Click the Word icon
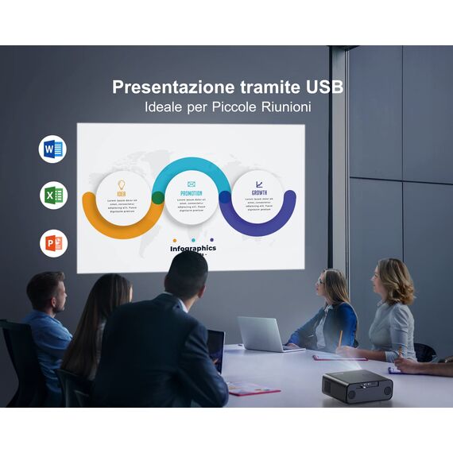[x=53, y=149]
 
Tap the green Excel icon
[x=53, y=196]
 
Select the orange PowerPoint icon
[x=53, y=242]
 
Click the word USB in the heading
[x=324, y=87]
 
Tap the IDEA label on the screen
[x=121, y=193]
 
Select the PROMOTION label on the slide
[x=191, y=193]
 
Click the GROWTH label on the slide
[x=259, y=192]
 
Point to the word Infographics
[x=192, y=248]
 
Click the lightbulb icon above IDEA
[x=122, y=184]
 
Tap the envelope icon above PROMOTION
[x=191, y=184]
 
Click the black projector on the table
[x=357, y=385]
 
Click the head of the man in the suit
[x=186, y=275]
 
